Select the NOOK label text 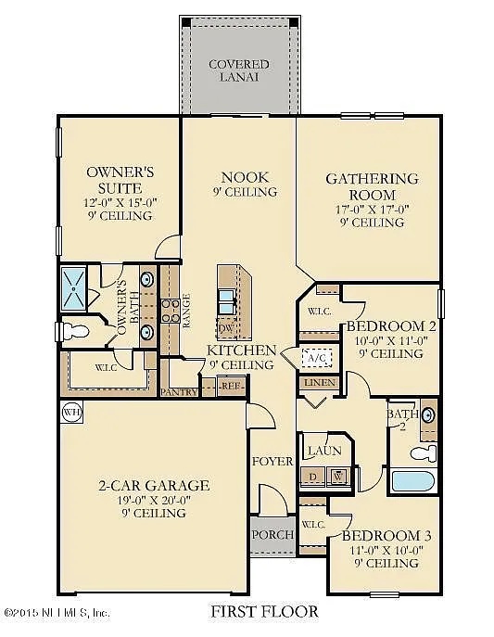coord(244,176)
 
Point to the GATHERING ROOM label coord(371,186)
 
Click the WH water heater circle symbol coord(71,411)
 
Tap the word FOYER coord(272,461)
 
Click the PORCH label coord(272,534)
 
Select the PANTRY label coord(179,391)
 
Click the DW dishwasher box coord(226,328)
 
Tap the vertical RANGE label coord(187,310)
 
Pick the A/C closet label coord(315,358)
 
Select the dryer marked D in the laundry coord(312,477)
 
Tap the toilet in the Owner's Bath coord(75,331)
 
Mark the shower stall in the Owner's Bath coord(73,288)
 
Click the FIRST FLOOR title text coord(264,612)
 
